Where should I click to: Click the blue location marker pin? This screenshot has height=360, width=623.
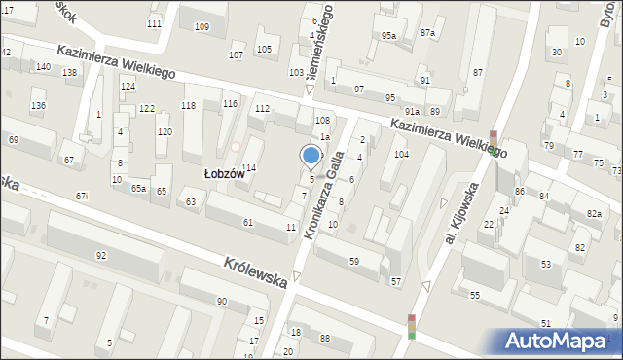pos(311,156)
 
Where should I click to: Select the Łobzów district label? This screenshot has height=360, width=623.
pos(224,173)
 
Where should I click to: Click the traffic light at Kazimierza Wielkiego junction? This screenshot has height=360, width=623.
pos(494,143)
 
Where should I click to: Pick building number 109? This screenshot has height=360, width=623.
pos(202,26)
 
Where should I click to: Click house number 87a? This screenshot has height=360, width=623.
pos(427,33)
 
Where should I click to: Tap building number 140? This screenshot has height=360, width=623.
pos(43,66)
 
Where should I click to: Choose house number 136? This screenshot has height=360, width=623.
pos(38,105)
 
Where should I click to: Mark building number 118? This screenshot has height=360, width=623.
pos(188,105)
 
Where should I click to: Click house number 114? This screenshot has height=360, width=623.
pos(248,168)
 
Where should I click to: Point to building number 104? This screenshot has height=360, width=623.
pos(400,155)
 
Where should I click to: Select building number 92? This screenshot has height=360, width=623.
pos(101,255)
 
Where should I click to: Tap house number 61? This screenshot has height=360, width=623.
pos(248,223)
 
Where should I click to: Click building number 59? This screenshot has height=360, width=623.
pos(353,261)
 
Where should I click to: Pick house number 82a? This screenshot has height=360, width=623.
pos(594,213)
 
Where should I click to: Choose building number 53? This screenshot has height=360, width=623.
pos(546,264)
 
